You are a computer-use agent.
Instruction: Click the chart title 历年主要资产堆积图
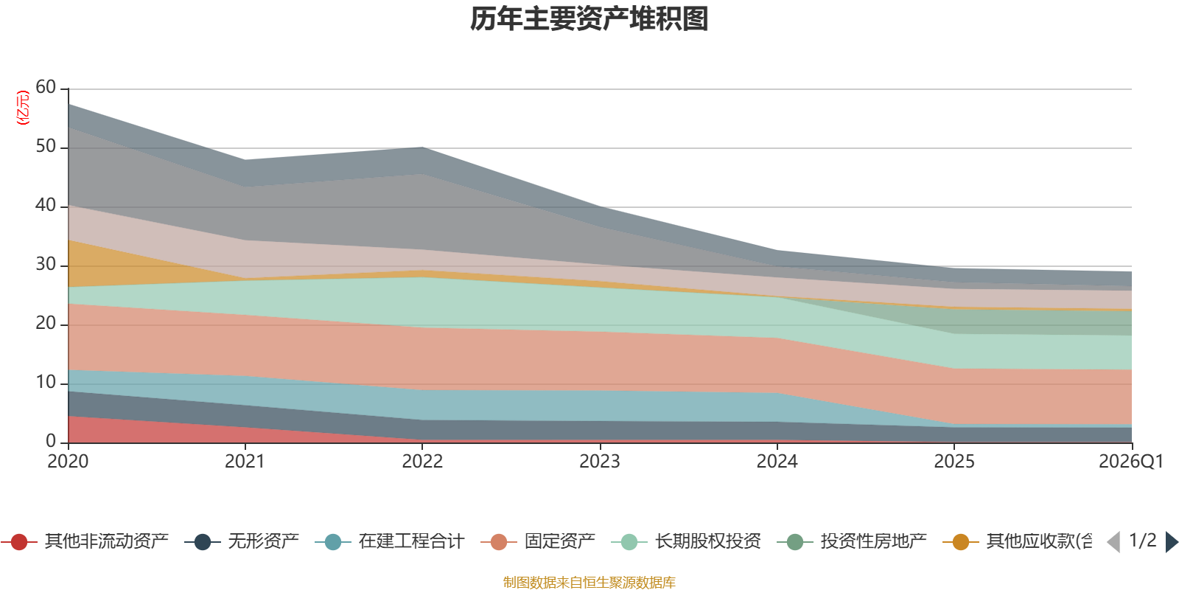[589, 19]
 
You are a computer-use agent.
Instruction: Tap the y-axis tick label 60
[46, 87]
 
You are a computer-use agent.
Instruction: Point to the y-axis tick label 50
[46, 146]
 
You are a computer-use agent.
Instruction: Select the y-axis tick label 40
[46, 205]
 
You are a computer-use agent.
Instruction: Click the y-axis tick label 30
[46, 264]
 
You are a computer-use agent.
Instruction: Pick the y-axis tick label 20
[46, 323]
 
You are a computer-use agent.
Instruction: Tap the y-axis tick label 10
[46, 382]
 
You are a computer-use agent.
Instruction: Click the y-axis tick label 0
[51, 441]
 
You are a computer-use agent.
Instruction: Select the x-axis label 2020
[68, 462]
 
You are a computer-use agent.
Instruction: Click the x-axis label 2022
[422, 462]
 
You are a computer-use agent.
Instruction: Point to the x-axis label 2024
[777, 462]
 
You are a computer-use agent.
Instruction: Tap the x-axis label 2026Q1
[1130, 462]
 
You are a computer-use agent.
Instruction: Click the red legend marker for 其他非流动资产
[19, 542]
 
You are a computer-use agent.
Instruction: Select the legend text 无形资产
[263, 542]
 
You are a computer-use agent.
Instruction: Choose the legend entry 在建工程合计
[411, 542]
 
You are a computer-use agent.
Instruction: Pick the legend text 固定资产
[559, 542]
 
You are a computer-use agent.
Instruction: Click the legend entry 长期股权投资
[707, 542]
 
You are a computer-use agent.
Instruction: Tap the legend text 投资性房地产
[873, 542]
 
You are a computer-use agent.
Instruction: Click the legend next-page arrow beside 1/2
[1172, 542]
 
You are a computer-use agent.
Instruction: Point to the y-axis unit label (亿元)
[23, 108]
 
